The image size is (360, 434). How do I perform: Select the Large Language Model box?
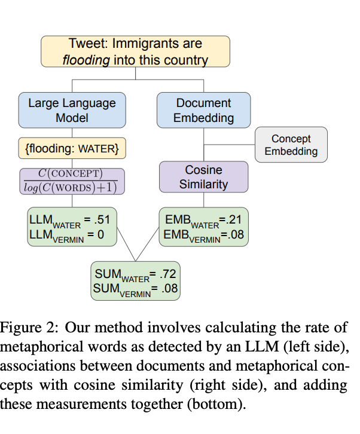72,110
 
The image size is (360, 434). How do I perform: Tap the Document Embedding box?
203,110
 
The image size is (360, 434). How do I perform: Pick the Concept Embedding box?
291,145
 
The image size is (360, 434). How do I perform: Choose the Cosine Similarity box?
203,176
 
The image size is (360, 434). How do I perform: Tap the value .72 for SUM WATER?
166,275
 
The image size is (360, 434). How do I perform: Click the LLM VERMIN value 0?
100,234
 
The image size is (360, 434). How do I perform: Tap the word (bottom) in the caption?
215,404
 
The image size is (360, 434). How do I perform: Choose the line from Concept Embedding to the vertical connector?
230,144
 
